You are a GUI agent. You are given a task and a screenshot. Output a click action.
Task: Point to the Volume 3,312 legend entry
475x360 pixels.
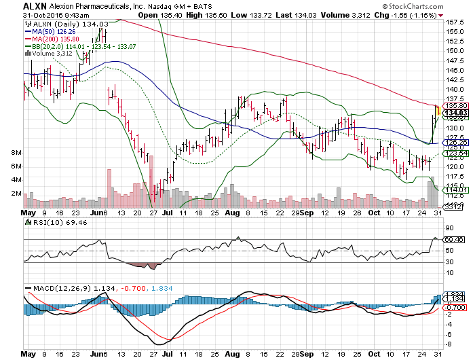pos(50,53)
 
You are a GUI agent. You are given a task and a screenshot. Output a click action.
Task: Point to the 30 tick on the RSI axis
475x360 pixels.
pos(449,262)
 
